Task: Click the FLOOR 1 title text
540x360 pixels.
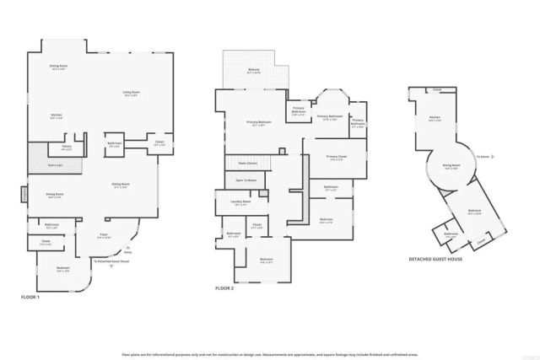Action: point(30,297)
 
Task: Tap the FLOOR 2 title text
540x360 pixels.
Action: point(224,288)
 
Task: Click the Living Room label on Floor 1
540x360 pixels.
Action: point(131,93)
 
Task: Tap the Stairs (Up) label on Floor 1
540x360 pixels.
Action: point(56,165)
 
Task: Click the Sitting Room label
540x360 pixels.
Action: point(121,185)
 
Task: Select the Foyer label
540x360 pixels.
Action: point(103,235)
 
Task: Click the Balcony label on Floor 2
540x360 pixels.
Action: point(253,71)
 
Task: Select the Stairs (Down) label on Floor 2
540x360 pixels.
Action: point(247,162)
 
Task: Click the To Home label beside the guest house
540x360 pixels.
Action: point(483,157)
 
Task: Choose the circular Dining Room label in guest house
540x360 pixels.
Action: point(451,167)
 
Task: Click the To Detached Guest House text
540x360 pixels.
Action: point(111,261)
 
